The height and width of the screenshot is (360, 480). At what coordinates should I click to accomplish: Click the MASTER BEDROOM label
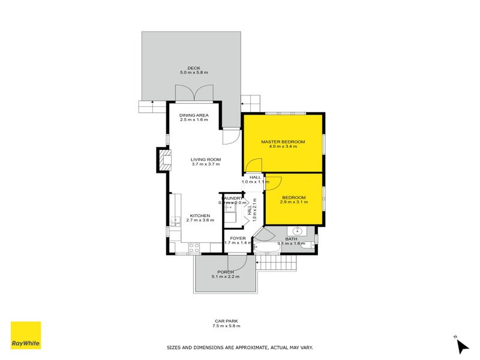tap(283, 142)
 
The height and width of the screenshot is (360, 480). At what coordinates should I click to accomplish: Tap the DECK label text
tap(193, 68)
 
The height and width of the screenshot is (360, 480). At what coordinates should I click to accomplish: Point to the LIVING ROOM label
tap(206, 159)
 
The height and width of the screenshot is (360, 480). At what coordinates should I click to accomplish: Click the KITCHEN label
tap(200, 215)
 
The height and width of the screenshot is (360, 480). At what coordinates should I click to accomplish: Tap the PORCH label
tap(225, 272)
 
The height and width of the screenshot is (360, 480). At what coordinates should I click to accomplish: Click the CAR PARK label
tap(226, 321)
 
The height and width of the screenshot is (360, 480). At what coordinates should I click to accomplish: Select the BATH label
tap(291, 239)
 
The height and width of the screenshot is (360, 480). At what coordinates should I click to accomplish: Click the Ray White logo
tap(26, 335)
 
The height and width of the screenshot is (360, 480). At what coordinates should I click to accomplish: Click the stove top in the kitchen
tap(194, 246)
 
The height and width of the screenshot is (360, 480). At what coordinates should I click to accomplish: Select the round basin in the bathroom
tap(297, 230)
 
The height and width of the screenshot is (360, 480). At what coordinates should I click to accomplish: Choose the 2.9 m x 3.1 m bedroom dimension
tap(294, 202)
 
